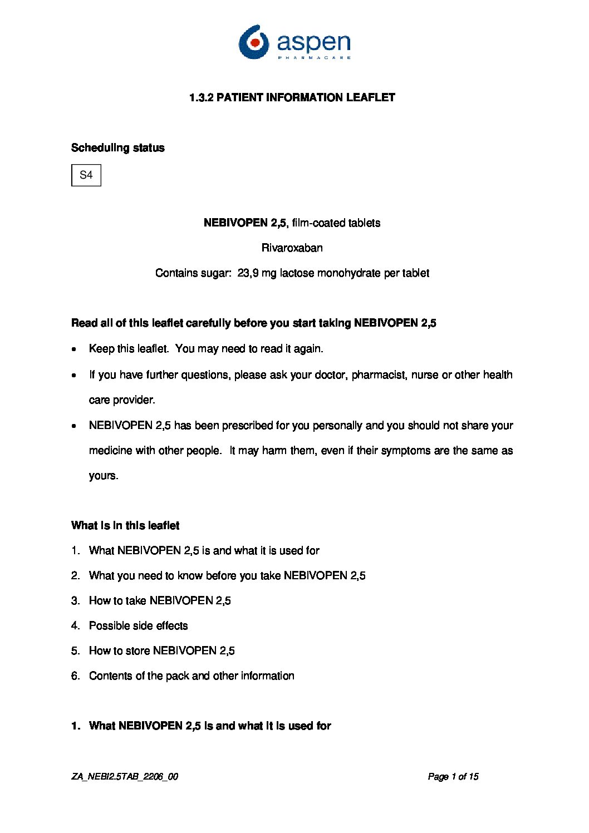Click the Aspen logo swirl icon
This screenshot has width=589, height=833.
(254, 42)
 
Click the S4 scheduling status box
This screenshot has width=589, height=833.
(86, 175)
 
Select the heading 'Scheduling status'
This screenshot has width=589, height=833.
(118, 148)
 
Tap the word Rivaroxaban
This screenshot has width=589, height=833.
(292, 248)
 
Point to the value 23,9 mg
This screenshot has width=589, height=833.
(257, 273)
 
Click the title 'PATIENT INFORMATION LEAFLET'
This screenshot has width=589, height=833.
(306, 98)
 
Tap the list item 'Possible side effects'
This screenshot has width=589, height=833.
(138, 626)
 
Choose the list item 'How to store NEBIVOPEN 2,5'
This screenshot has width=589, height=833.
(161, 651)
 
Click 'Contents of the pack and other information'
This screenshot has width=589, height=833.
(192, 676)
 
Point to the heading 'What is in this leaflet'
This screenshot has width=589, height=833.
(125, 526)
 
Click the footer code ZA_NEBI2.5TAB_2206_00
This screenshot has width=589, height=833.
(125, 777)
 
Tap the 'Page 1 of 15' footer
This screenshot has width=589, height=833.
(453, 777)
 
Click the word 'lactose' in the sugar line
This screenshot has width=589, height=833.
(297, 273)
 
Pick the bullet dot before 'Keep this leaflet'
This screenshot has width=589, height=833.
(75, 350)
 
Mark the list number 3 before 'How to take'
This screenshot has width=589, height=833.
(75, 601)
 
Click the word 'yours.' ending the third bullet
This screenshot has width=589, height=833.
(104, 476)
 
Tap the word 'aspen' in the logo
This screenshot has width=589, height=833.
(313, 42)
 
